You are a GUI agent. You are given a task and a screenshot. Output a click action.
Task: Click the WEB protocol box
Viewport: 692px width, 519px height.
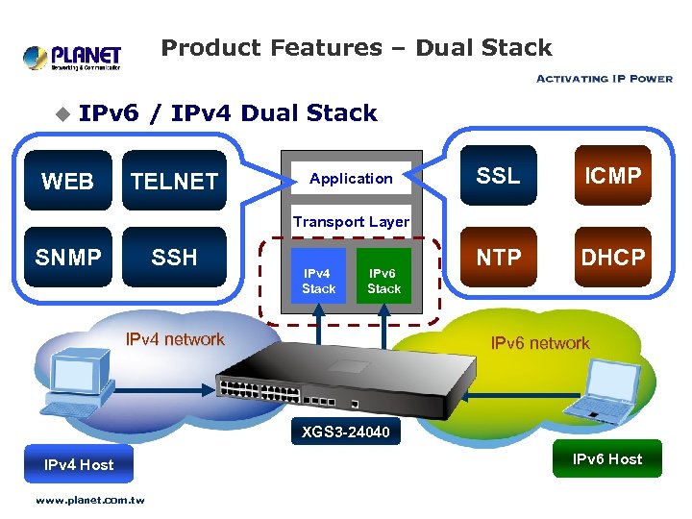tap(67, 181)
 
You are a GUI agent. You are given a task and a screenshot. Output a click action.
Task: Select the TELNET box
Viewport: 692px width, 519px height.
tap(174, 181)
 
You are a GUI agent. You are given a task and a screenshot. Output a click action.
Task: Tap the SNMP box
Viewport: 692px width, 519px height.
tap(67, 257)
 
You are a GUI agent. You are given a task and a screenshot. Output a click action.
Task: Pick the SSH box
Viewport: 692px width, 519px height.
tap(174, 257)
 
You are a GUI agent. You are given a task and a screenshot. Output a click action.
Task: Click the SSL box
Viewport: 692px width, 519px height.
tap(499, 176)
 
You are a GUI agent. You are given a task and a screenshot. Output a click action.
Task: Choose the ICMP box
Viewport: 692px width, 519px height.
tap(612, 176)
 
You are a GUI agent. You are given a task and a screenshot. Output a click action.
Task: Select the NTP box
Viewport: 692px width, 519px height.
tap(499, 257)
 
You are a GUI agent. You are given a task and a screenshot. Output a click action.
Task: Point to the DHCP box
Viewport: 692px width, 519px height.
tap(612, 257)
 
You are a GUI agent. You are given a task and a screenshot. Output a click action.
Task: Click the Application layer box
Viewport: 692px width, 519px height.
tap(351, 179)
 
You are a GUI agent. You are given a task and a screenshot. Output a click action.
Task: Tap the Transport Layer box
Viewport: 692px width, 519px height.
tap(351, 221)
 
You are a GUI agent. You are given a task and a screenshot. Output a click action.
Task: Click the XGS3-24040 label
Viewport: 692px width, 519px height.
tap(345, 432)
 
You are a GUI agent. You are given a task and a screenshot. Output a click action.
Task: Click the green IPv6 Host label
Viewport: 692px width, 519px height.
tap(607, 458)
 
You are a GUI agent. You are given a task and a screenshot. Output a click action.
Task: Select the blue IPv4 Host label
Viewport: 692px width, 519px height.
tap(79, 464)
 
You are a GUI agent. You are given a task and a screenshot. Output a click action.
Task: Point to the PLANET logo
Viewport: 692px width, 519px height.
tap(72, 58)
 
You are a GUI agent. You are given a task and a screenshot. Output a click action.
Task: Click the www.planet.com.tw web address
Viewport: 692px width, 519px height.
tap(89, 500)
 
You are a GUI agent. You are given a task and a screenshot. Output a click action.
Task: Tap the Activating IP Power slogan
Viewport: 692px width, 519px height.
tap(604, 79)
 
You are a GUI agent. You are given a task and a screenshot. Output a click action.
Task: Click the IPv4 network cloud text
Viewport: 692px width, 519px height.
tap(176, 339)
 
